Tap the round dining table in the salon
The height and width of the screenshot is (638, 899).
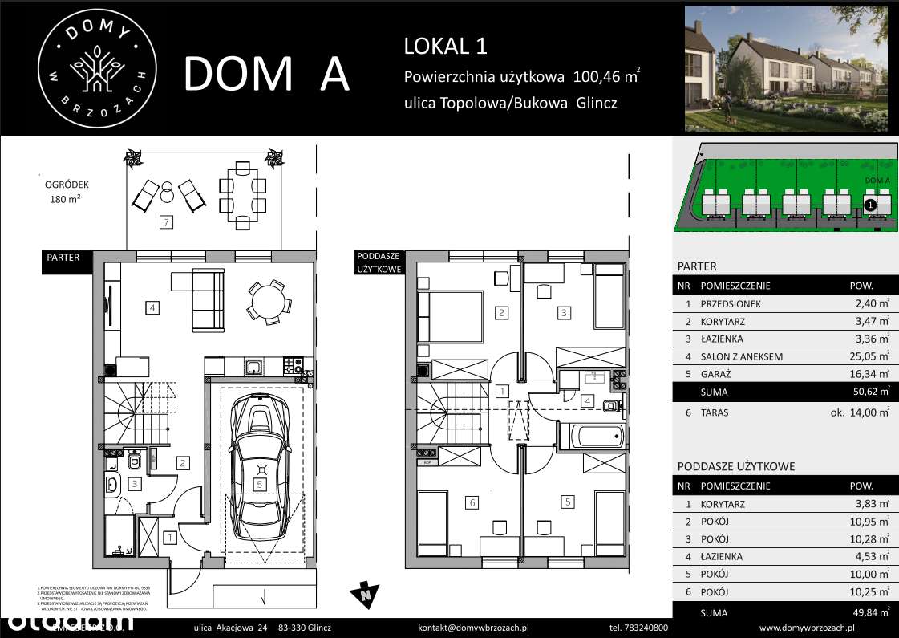[x=265, y=302]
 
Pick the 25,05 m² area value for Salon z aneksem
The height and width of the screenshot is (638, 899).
[x=871, y=356]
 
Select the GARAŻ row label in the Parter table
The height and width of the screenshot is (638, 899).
[x=717, y=374]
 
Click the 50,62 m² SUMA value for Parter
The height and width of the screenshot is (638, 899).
[x=871, y=392]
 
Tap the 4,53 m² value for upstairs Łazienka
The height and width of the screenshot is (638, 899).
[x=871, y=556]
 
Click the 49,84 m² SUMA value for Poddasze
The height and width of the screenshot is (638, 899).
[x=871, y=613]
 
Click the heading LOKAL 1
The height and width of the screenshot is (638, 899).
[x=445, y=46]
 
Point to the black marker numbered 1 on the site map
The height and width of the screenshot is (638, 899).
[x=870, y=205]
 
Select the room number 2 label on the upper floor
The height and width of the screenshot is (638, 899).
[x=501, y=313]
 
